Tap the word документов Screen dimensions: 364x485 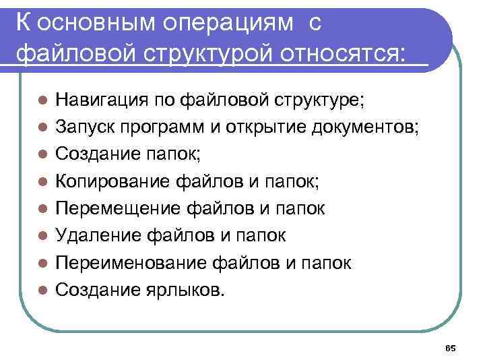point(365,127)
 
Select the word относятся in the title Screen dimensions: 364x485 point(346,53)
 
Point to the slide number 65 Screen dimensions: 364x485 point(451,348)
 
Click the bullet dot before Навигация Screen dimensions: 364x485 point(42,101)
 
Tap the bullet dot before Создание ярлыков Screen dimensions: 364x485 point(42,290)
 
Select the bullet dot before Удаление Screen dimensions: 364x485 point(42,236)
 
